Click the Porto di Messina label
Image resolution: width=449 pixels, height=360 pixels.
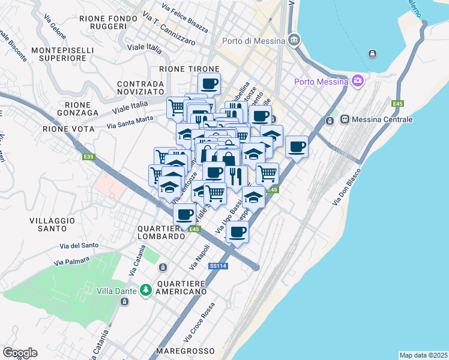click(x=255, y=41)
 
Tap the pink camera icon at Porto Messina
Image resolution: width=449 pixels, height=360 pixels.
click(x=358, y=80)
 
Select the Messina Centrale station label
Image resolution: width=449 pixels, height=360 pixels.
click(x=382, y=119)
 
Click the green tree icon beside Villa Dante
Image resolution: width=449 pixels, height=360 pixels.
click(x=145, y=290)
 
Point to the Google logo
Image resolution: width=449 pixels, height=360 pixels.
click(x=19, y=353)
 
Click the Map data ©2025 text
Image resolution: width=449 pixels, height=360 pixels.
click(x=423, y=355)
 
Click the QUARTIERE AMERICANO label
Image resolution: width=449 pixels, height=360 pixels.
click(x=182, y=287)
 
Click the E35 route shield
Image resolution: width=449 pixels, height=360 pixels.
click(x=89, y=157)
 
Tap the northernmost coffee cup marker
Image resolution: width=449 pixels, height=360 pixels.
click(x=209, y=83)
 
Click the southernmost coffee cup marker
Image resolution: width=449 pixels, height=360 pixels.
click(x=238, y=232)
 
